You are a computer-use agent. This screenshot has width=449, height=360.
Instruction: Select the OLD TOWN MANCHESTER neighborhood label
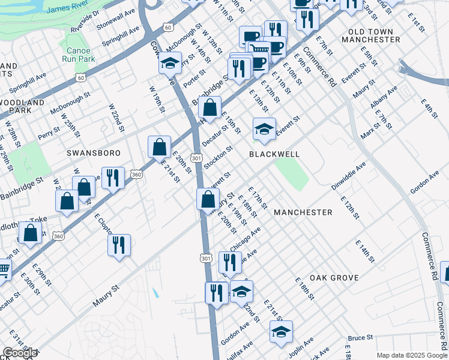click(x=370, y=35)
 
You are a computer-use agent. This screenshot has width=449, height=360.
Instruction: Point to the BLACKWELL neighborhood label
click(x=274, y=154)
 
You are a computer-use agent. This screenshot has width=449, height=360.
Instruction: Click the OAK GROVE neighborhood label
click(x=334, y=278)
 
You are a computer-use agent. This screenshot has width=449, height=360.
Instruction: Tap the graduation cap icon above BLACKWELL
click(x=264, y=129)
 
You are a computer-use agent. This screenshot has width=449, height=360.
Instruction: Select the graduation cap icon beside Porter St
click(x=170, y=63)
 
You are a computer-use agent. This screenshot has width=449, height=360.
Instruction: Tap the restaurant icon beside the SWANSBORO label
click(x=113, y=178)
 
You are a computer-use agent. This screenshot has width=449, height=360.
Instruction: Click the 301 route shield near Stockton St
click(x=196, y=157)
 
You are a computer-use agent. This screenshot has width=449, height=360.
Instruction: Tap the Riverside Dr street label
click(x=85, y=22)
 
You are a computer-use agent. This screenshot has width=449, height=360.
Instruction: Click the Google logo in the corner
click(x=20, y=353)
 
